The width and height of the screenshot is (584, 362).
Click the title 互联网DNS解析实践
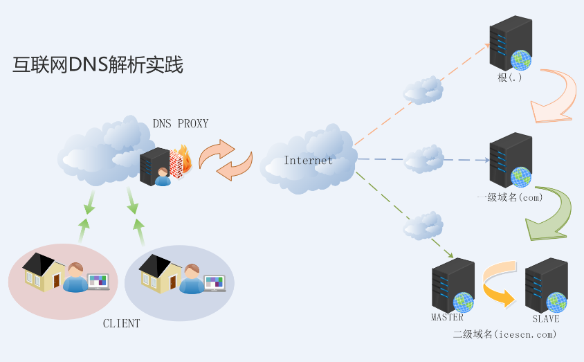coord(98,66)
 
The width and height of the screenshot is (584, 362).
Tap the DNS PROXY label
coord(180,123)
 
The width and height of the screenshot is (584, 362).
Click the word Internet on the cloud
coord(308,161)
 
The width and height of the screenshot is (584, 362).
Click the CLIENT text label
coord(121,323)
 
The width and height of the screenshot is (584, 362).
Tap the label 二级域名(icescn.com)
coord(504,334)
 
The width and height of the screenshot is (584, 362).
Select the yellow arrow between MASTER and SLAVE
coord(500,284)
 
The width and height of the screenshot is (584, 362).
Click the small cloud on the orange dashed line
coord(423,89)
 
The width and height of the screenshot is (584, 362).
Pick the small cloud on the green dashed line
coord(423,225)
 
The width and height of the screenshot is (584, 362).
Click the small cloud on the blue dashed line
coord(423,160)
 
